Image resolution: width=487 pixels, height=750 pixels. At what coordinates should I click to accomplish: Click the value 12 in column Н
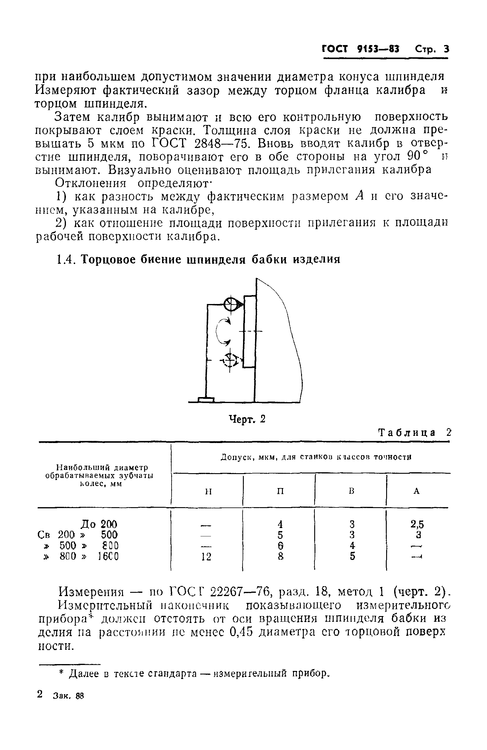pyautogui.click(x=206, y=557)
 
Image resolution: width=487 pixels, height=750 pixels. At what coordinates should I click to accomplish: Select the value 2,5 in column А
pyautogui.click(x=417, y=524)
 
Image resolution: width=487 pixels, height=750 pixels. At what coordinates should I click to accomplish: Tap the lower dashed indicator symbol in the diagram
pyautogui.click(x=231, y=360)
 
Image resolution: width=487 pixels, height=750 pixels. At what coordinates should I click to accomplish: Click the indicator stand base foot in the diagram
pyautogui.click(x=206, y=399)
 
